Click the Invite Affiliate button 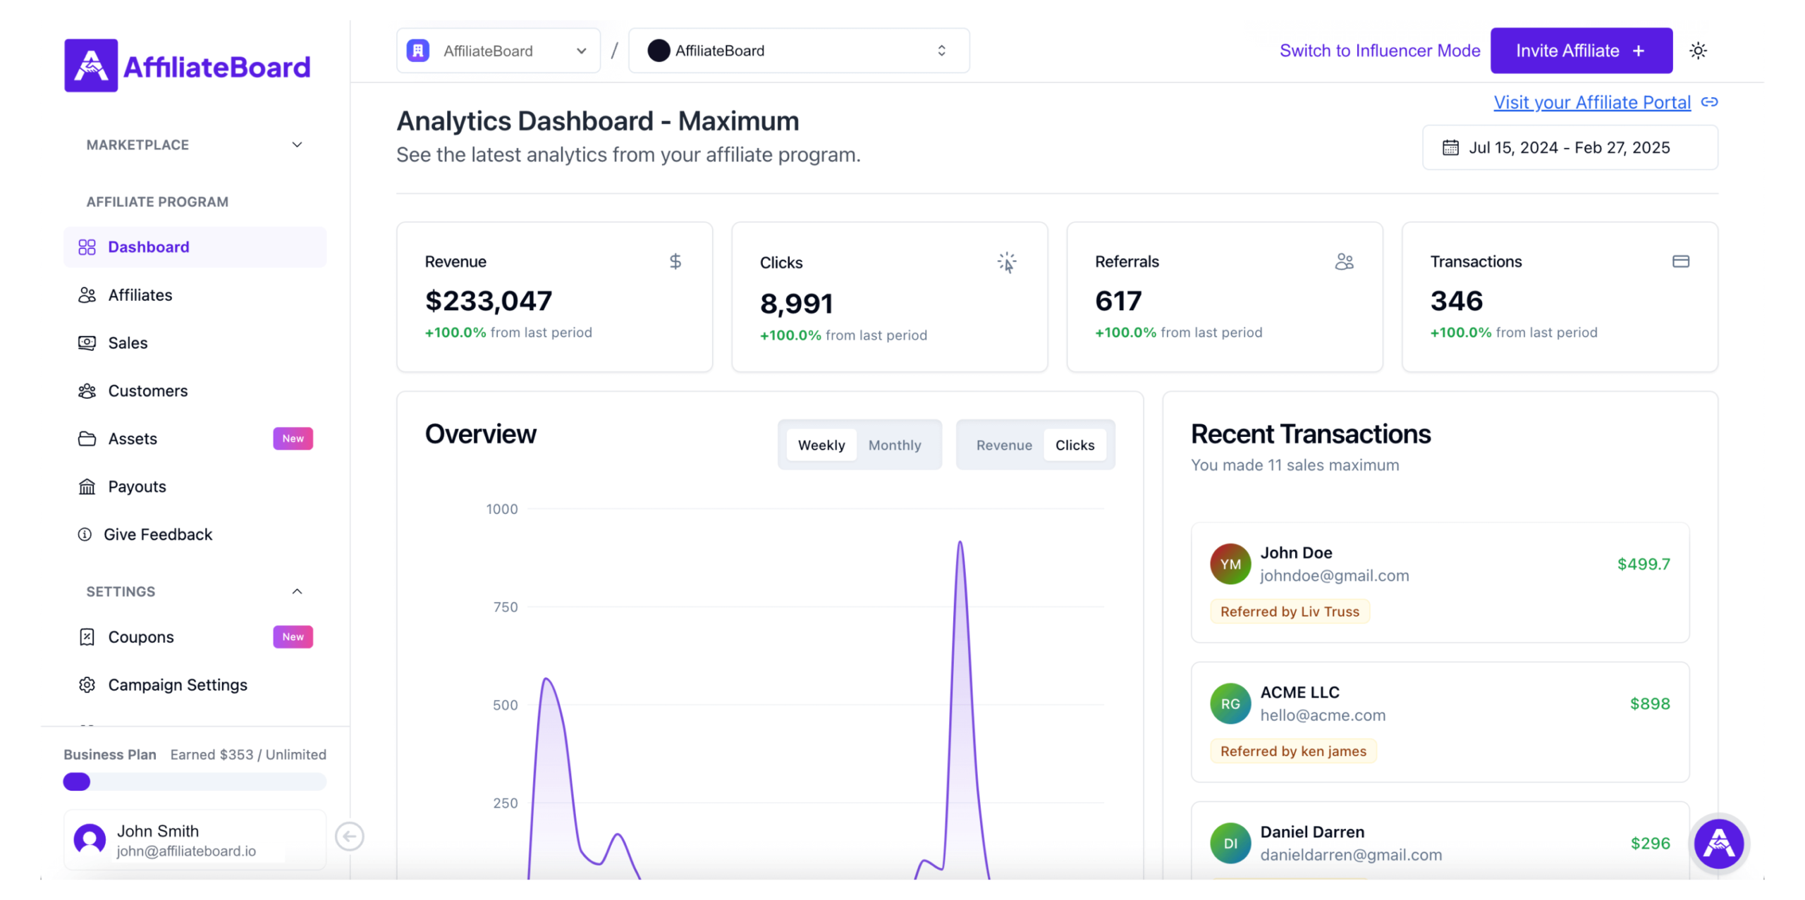(1581, 51)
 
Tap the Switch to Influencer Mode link (1380, 51)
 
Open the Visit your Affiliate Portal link (1592, 103)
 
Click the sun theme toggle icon (1698, 51)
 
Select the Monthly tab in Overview (895, 445)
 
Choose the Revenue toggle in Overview (1004, 445)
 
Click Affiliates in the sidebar (140, 295)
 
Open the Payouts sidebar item (137, 487)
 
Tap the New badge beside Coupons (293, 637)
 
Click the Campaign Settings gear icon (87, 685)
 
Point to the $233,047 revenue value (489, 302)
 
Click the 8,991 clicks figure (797, 304)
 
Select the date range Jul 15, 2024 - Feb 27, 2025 (1570, 148)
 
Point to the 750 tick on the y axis (506, 608)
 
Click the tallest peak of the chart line (960, 543)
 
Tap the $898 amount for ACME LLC (1650, 704)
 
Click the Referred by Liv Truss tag (1290, 612)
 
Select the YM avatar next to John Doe (1230, 564)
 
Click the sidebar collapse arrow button (350, 837)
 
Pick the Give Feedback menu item (158, 535)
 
